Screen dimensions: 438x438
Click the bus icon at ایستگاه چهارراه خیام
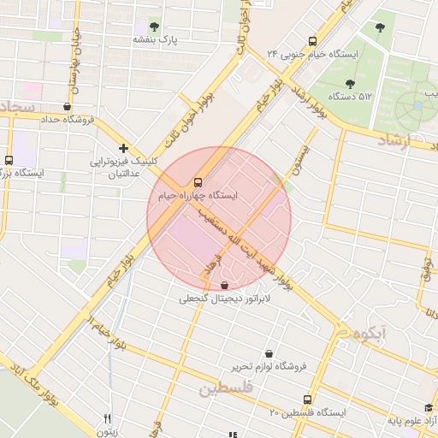[x=198, y=181]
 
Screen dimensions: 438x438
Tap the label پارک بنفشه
[x=155, y=39]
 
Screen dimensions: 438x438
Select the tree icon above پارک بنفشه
[x=155, y=26]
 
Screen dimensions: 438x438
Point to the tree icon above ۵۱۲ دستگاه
[x=350, y=83]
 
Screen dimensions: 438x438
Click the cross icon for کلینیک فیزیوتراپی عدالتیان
[x=124, y=148]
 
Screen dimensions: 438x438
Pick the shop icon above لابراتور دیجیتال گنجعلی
[x=224, y=285]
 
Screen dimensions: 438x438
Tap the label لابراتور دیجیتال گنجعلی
[x=224, y=299]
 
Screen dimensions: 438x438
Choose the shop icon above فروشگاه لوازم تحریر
[x=269, y=352]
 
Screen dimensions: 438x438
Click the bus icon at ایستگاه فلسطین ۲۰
[x=308, y=399]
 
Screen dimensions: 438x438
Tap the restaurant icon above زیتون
[x=107, y=418]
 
